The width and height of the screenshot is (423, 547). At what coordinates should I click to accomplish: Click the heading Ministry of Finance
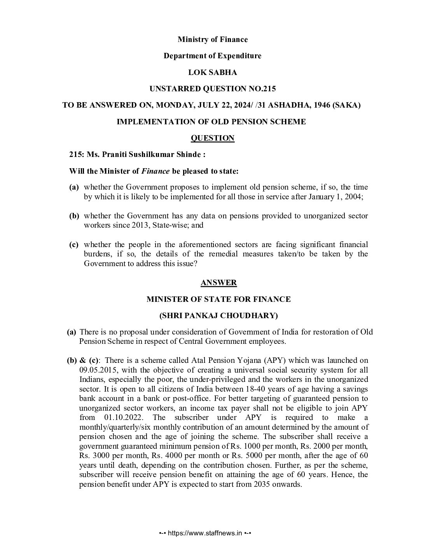(212, 39)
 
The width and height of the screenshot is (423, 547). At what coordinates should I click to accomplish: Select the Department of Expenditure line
(212, 56)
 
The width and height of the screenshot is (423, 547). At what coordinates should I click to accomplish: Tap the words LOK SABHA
(212, 72)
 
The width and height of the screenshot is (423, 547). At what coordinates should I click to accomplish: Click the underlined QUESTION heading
(212, 138)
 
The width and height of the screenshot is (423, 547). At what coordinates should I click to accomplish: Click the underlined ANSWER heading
(218, 283)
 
